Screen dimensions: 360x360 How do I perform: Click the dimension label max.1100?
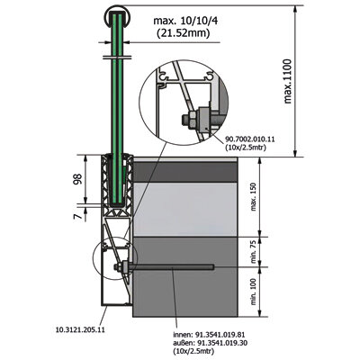coord(288,81)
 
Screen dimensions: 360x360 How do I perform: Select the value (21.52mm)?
coord(184,33)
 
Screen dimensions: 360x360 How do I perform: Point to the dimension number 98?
coord(78,179)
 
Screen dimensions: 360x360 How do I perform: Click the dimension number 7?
coord(77,216)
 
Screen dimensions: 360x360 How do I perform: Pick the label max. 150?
coord(254,197)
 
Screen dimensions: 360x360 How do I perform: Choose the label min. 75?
coord(254,252)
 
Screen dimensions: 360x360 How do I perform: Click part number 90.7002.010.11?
coord(249,139)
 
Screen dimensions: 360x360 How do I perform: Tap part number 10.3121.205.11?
coord(80,329)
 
